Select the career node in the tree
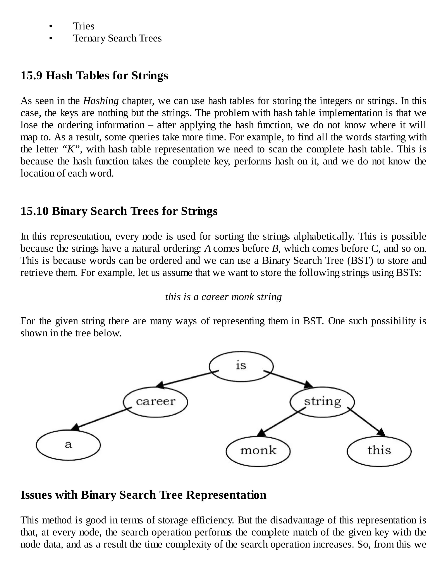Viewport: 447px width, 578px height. click(155, 402)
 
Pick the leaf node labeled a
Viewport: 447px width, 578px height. click(68, 445)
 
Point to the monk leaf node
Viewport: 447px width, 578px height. click(258, 451)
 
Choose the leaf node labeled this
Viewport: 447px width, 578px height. click(379, 451)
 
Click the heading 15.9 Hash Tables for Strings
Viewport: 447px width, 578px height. click(94, 75)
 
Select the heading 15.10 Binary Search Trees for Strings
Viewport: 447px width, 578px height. click(119, 211)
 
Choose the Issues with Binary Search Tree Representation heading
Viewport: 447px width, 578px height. click(143, 495)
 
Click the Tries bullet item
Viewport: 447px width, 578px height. click(84, 26)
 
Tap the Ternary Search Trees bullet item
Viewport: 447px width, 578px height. click(117, 38)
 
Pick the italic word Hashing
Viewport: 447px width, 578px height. click(101, 101)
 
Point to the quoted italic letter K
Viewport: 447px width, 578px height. click(71, 149)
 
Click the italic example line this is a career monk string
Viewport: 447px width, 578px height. click(223, 297)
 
